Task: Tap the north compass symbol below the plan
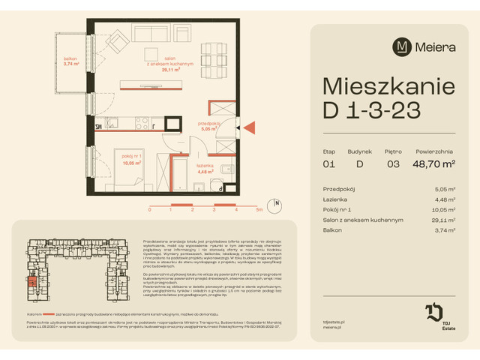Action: (277, 203)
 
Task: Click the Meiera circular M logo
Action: (401, 46)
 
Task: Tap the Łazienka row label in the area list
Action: (334, 199)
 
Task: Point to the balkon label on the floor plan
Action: (71, 61)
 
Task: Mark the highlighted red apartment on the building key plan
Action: (32, 282)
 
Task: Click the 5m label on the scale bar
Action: (258, 211)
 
